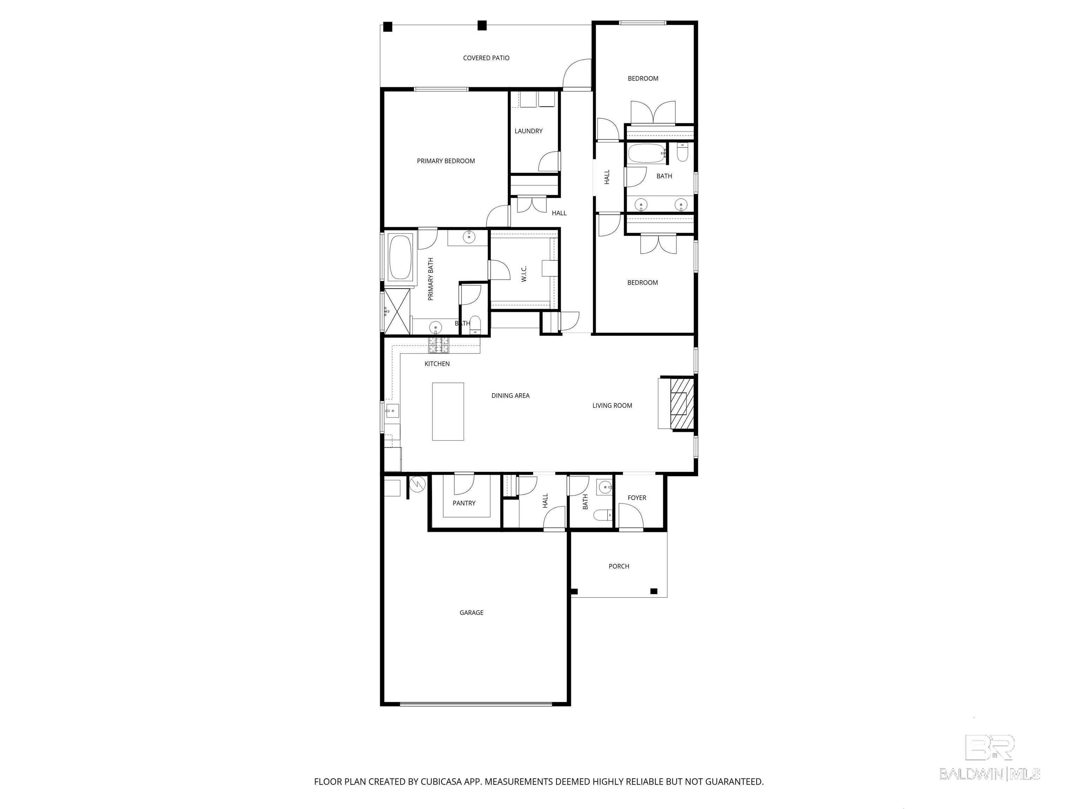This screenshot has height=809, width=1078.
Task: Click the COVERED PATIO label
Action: coord(486,58)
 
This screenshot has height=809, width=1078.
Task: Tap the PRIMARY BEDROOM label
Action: coord(445,161)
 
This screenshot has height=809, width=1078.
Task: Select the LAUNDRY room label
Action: coord(528,131)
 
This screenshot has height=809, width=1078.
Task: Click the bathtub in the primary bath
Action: coord(400,258)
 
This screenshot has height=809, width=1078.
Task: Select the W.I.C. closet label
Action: coord(524,274)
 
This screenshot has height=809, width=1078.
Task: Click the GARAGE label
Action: coord(471,612)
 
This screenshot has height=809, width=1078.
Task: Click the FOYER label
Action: coord(637,498)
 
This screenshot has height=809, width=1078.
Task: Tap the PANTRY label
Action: coord(464,503)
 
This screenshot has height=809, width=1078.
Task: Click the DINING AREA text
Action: coord(510,395)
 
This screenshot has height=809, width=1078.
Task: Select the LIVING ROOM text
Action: coord(612,405)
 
